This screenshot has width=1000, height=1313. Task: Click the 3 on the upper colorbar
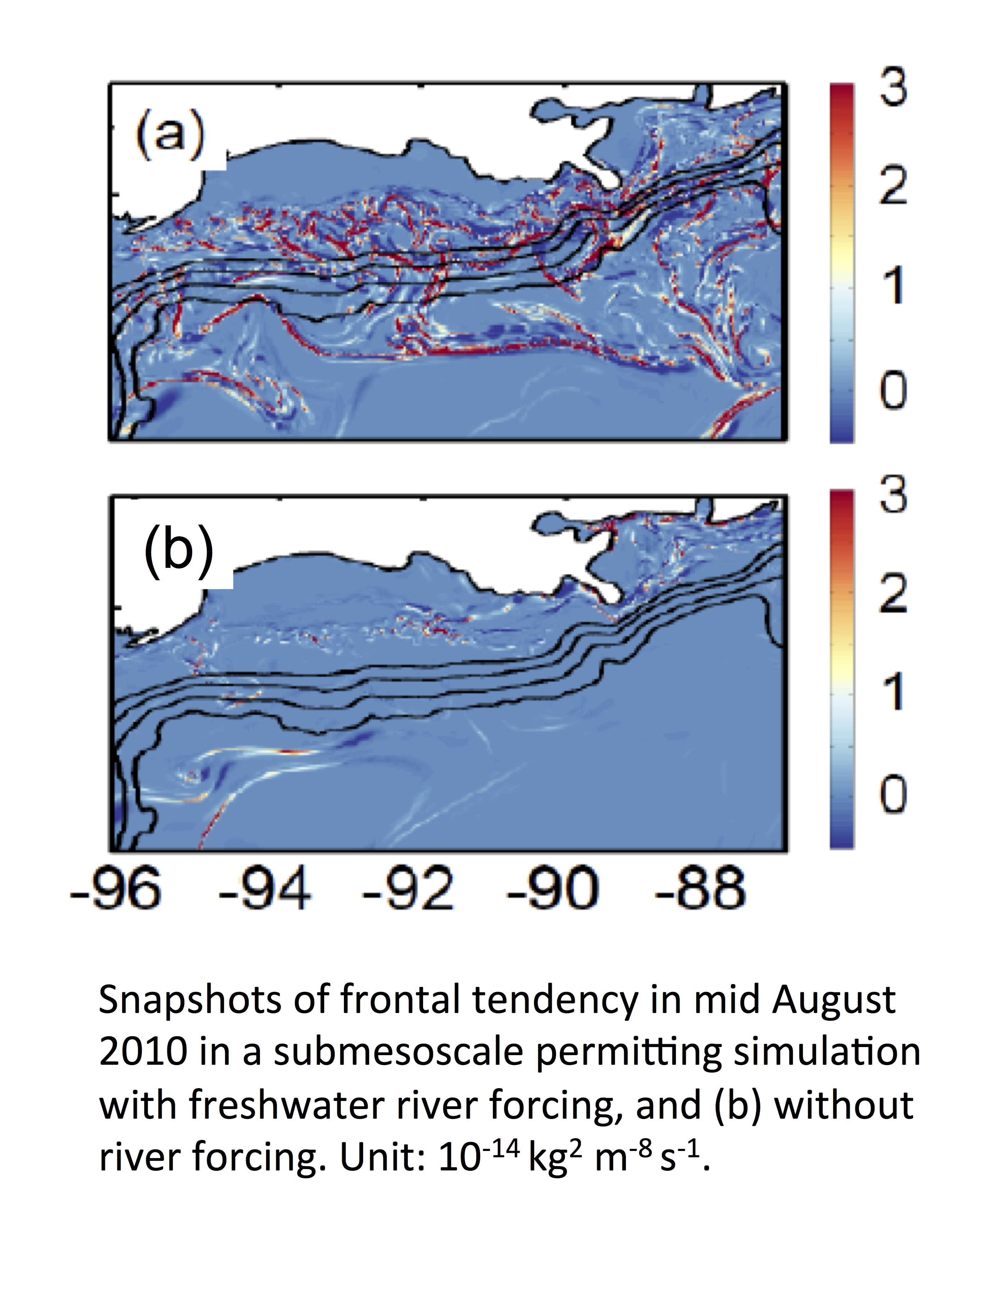tap(894, 87)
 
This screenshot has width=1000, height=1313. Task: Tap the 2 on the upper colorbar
tap(894, 186)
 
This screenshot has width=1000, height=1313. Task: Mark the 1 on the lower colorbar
tap(894, 692)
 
